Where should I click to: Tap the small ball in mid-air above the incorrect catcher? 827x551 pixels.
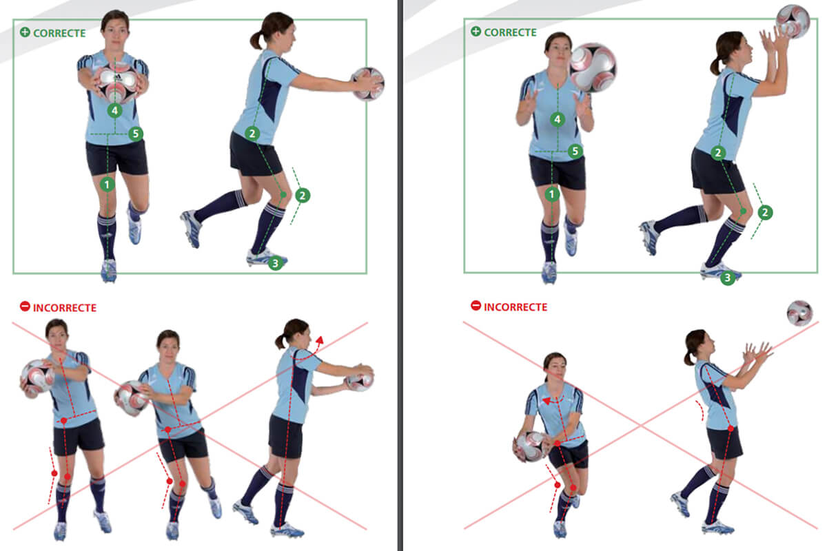(x=799, y=313)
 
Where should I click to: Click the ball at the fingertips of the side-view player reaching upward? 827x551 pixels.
(x=793, y=21)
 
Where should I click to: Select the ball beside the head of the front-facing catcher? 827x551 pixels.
(x=593, y=67)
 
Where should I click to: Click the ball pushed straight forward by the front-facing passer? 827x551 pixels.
(x=116, y=83)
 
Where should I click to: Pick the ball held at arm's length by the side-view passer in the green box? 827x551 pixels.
(x=368, y=84)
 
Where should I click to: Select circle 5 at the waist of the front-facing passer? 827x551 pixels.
(x=136, y=134)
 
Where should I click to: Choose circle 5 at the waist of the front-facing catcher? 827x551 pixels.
(x=575, y=151)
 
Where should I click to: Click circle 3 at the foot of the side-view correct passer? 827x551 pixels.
(x=275, y=263)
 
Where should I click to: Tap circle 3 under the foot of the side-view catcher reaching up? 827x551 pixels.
(x=728, y=278)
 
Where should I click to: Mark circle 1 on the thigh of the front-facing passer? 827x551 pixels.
(x=107, y=184)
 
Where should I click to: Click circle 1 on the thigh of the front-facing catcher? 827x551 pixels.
(x=551, y=194)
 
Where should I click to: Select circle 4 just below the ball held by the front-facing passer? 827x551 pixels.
(x=115, y=110)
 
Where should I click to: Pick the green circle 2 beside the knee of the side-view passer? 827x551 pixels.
(x=303, y=195)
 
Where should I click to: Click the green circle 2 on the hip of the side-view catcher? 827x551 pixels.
(x=718, y=152)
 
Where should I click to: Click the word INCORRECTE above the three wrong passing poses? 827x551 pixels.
(x=65, y=308)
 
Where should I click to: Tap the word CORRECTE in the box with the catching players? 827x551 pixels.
(x=510, y=32)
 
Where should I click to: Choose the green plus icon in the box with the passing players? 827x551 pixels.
(x=25, y=32)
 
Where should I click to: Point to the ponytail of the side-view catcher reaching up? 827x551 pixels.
(x=716, y=65)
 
